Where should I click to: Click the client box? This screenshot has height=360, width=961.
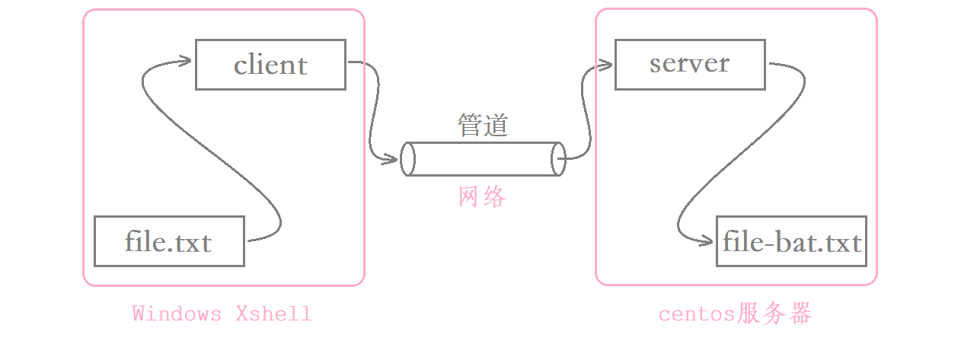[x=270, y=65]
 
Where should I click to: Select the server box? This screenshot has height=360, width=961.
[x=689, y=64]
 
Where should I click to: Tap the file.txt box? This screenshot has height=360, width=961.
[x=169, y=241]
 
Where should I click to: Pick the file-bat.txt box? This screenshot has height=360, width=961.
[x=791, y=241]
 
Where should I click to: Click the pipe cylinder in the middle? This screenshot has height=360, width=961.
[x=483, y=158]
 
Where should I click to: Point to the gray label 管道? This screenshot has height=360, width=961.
[x=483, y=126]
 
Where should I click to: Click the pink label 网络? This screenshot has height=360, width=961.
[x=483, y=197]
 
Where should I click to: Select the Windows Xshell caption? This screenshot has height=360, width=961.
[x=222, y=314]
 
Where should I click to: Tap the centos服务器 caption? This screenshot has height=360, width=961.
[x=736, y=314]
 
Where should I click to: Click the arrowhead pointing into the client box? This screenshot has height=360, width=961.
[x=185, y=61]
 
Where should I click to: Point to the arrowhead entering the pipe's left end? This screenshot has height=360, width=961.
[x=393, y=159]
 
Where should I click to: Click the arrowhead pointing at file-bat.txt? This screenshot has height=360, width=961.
[x=707, y=241]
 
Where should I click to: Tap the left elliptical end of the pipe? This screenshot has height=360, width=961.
[x=408, y=158]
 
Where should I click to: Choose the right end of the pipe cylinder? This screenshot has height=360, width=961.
[x=558, y=158]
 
